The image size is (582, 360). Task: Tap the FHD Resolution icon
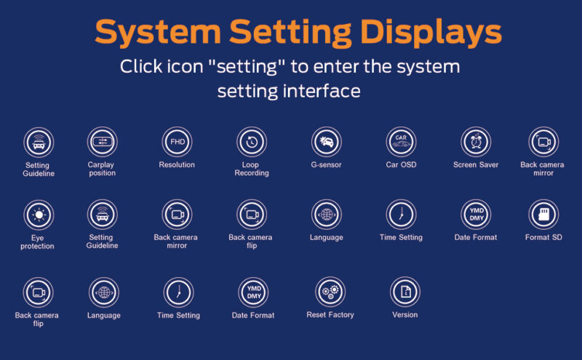tap(177, 142)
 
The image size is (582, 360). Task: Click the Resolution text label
tap(177, 165)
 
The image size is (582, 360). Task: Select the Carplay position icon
tap(102, 142)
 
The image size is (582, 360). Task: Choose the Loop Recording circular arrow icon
tap(252, 142)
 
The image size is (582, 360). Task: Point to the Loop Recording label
tap(251, 169)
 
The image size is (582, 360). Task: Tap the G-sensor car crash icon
tap(326, 142)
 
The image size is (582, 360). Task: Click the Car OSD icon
tap(401, 142)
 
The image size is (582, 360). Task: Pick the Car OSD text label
tap(401, 165)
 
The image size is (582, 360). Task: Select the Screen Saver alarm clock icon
tap(476, 142)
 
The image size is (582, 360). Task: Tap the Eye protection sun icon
tap(39, 215)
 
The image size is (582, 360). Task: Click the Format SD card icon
tap(543, 215)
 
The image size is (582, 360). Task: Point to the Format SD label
tap(543, 238)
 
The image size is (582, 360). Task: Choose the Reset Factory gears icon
tap(330, 292)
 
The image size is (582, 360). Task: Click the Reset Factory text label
tap(330, 315)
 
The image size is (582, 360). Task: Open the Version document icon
tap(405, 292)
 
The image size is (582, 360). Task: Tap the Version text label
tap(405, 315)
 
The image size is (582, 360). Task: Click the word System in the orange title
tap(158, 33)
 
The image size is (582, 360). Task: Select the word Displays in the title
tap(431, 33)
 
